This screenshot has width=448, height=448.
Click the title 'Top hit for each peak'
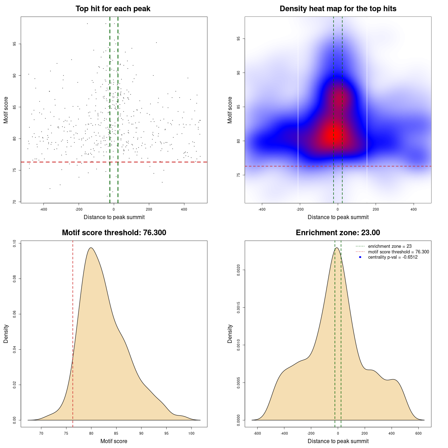(113, 9)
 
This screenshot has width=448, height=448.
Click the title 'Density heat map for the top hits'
(338, 9)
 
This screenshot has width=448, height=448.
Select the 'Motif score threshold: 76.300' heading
(114, 233)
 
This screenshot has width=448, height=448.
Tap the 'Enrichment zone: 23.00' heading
(338, 233)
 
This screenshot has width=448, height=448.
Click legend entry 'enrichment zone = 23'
(390, 246)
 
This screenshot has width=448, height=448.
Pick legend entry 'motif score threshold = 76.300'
(398, 252)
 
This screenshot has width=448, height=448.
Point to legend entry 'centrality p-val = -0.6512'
(393, 257)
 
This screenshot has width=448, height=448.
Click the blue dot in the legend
(360, 257)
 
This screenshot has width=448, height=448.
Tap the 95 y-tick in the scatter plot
(15, 44)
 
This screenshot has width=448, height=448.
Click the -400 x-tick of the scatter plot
(43, 209)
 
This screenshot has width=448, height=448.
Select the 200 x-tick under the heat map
(376, 209)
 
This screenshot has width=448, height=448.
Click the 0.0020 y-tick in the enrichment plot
(239, 270)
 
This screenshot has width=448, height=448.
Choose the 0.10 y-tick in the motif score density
(15, 243)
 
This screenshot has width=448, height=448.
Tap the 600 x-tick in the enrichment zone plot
(419, 433)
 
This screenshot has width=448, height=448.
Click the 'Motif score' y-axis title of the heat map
(230, 110)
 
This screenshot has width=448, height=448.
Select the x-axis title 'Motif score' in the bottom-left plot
(114, 441)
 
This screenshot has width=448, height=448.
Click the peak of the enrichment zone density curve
(337, 248)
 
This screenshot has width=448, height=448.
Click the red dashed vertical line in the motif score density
(73, 332)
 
